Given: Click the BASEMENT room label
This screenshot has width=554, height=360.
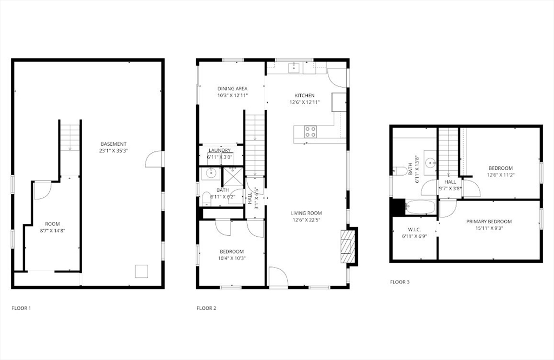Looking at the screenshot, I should tap(114, 144).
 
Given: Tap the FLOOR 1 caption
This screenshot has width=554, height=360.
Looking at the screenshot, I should tap(22, 308).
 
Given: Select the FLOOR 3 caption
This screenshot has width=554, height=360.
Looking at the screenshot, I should tap(400, 282).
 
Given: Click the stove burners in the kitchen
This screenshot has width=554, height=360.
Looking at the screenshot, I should tap(311, 131).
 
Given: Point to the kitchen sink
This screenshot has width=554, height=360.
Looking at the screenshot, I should tap(294, 68).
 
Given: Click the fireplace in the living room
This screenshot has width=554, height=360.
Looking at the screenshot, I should tap(347, 246).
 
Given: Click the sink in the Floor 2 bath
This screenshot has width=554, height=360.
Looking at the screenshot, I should tap(211, 173).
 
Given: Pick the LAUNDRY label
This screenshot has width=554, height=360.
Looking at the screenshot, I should tap(220, 151).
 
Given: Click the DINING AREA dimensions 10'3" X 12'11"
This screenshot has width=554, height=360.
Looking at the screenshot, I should tap(233, 95).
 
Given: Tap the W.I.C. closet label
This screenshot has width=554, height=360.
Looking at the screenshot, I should tap(411, 230).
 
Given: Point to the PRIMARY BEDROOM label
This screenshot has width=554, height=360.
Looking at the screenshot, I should tap(489, 222).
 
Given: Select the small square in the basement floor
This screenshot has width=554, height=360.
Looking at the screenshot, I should tap(141, 271).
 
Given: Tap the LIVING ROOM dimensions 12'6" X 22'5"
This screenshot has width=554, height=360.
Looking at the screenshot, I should tap(307, 220).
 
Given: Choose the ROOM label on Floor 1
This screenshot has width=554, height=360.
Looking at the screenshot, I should tap(52, 224).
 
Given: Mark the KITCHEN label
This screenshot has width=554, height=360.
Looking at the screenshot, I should tap(305, 95).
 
